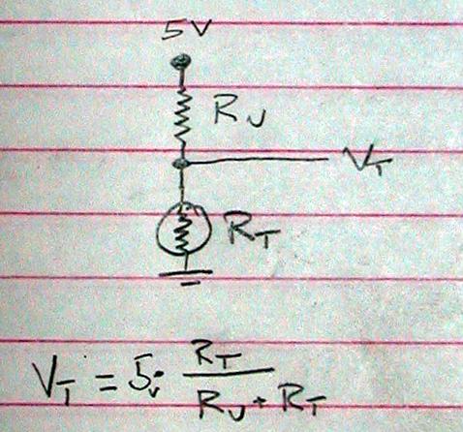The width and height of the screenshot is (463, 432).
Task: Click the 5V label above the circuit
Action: coord(185,31)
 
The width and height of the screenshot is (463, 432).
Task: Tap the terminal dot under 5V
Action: coord(181,61)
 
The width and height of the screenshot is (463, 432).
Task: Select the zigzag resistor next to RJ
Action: coord(183,119)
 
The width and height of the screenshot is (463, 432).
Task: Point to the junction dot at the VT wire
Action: coord(181,163)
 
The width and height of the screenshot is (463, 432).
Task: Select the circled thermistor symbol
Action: coord(184,230)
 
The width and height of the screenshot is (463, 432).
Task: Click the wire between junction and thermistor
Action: coord(183,185)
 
